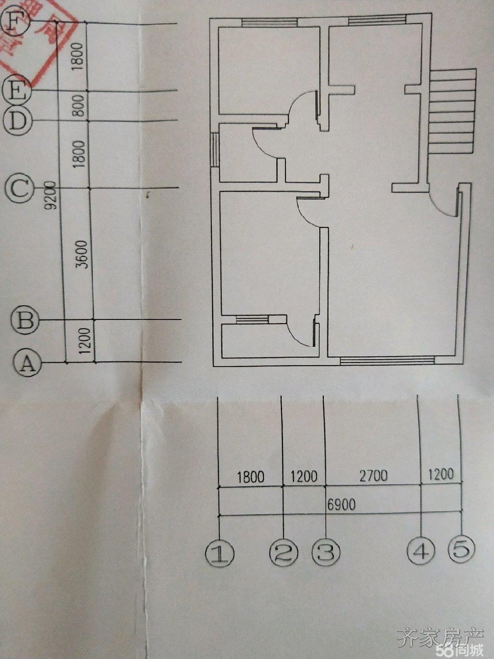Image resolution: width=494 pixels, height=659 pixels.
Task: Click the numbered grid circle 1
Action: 220,553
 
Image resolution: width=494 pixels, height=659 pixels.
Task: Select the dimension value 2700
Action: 373,476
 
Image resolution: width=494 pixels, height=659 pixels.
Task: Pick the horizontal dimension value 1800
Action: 251,477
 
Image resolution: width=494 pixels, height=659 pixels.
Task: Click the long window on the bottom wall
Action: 387,361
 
